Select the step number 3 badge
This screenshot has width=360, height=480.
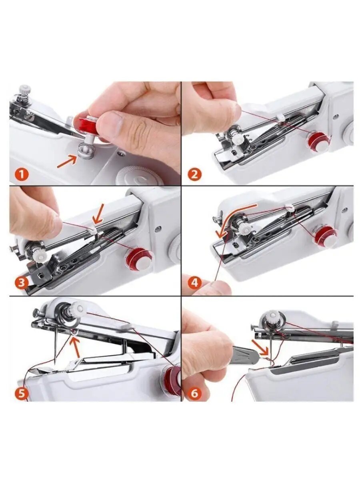(x=22, y=283)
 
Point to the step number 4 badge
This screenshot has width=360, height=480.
(x=194, y=283)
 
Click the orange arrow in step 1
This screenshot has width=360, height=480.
(x=67, y=161)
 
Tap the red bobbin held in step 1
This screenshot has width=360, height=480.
(x=87, y=125)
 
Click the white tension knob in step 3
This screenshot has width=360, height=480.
(x=39, y=257)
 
